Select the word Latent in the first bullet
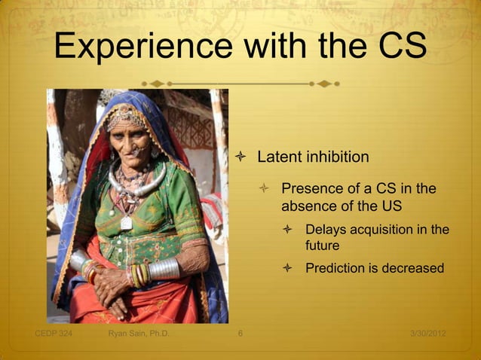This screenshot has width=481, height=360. click(x=280, y=157)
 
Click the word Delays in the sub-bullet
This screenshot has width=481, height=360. click(x=326, y=230)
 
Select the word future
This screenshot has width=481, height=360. click(x=322, y=246)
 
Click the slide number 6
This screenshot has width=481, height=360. click(x=240, y=334)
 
